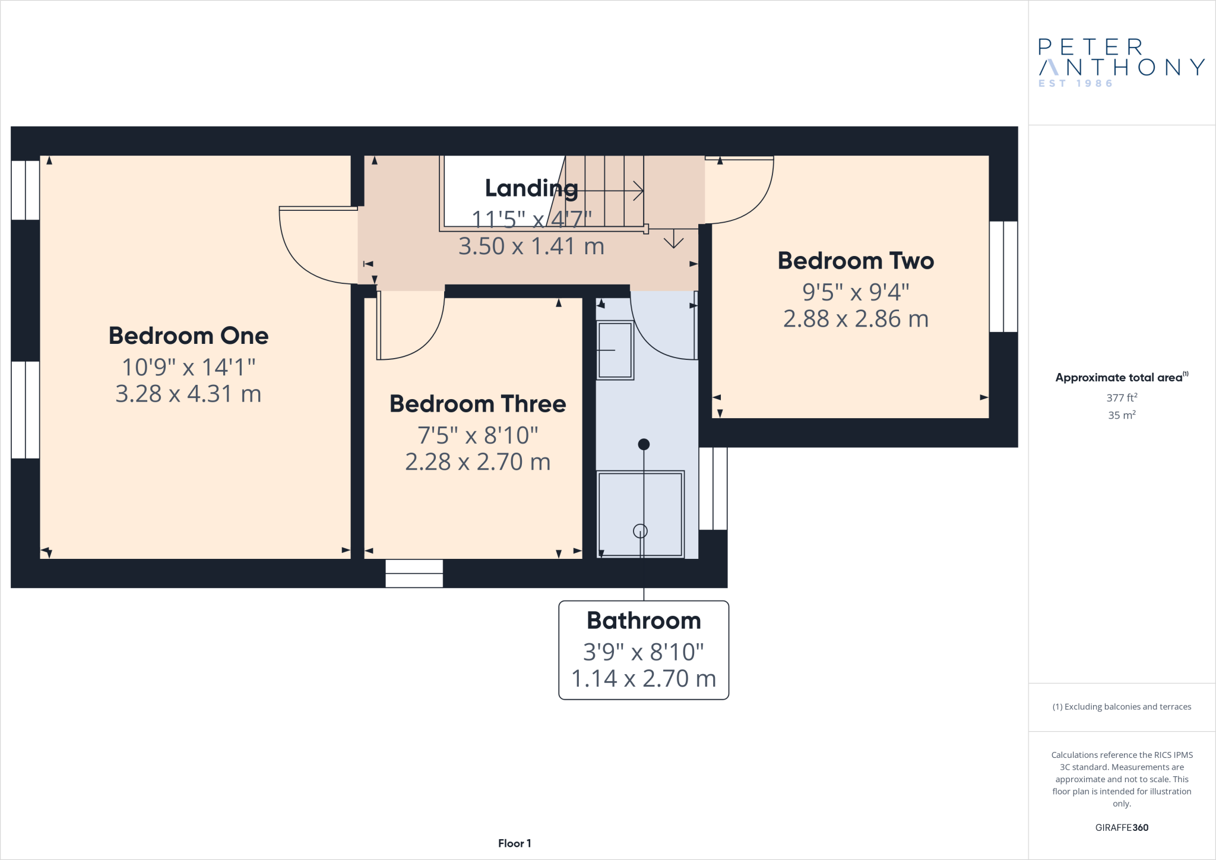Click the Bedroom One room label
188,336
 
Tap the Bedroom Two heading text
856,261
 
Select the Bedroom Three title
477,404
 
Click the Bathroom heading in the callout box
644,621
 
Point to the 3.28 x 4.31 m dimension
188,394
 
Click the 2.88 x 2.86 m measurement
856,319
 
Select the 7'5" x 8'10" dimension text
477,435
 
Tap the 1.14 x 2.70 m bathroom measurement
644,678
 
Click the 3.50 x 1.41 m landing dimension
531,246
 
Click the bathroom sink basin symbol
615,350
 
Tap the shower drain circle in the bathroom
640,531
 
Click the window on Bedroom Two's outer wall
1003,276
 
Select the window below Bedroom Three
414,573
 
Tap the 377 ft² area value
1121,397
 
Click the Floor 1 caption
514,843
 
